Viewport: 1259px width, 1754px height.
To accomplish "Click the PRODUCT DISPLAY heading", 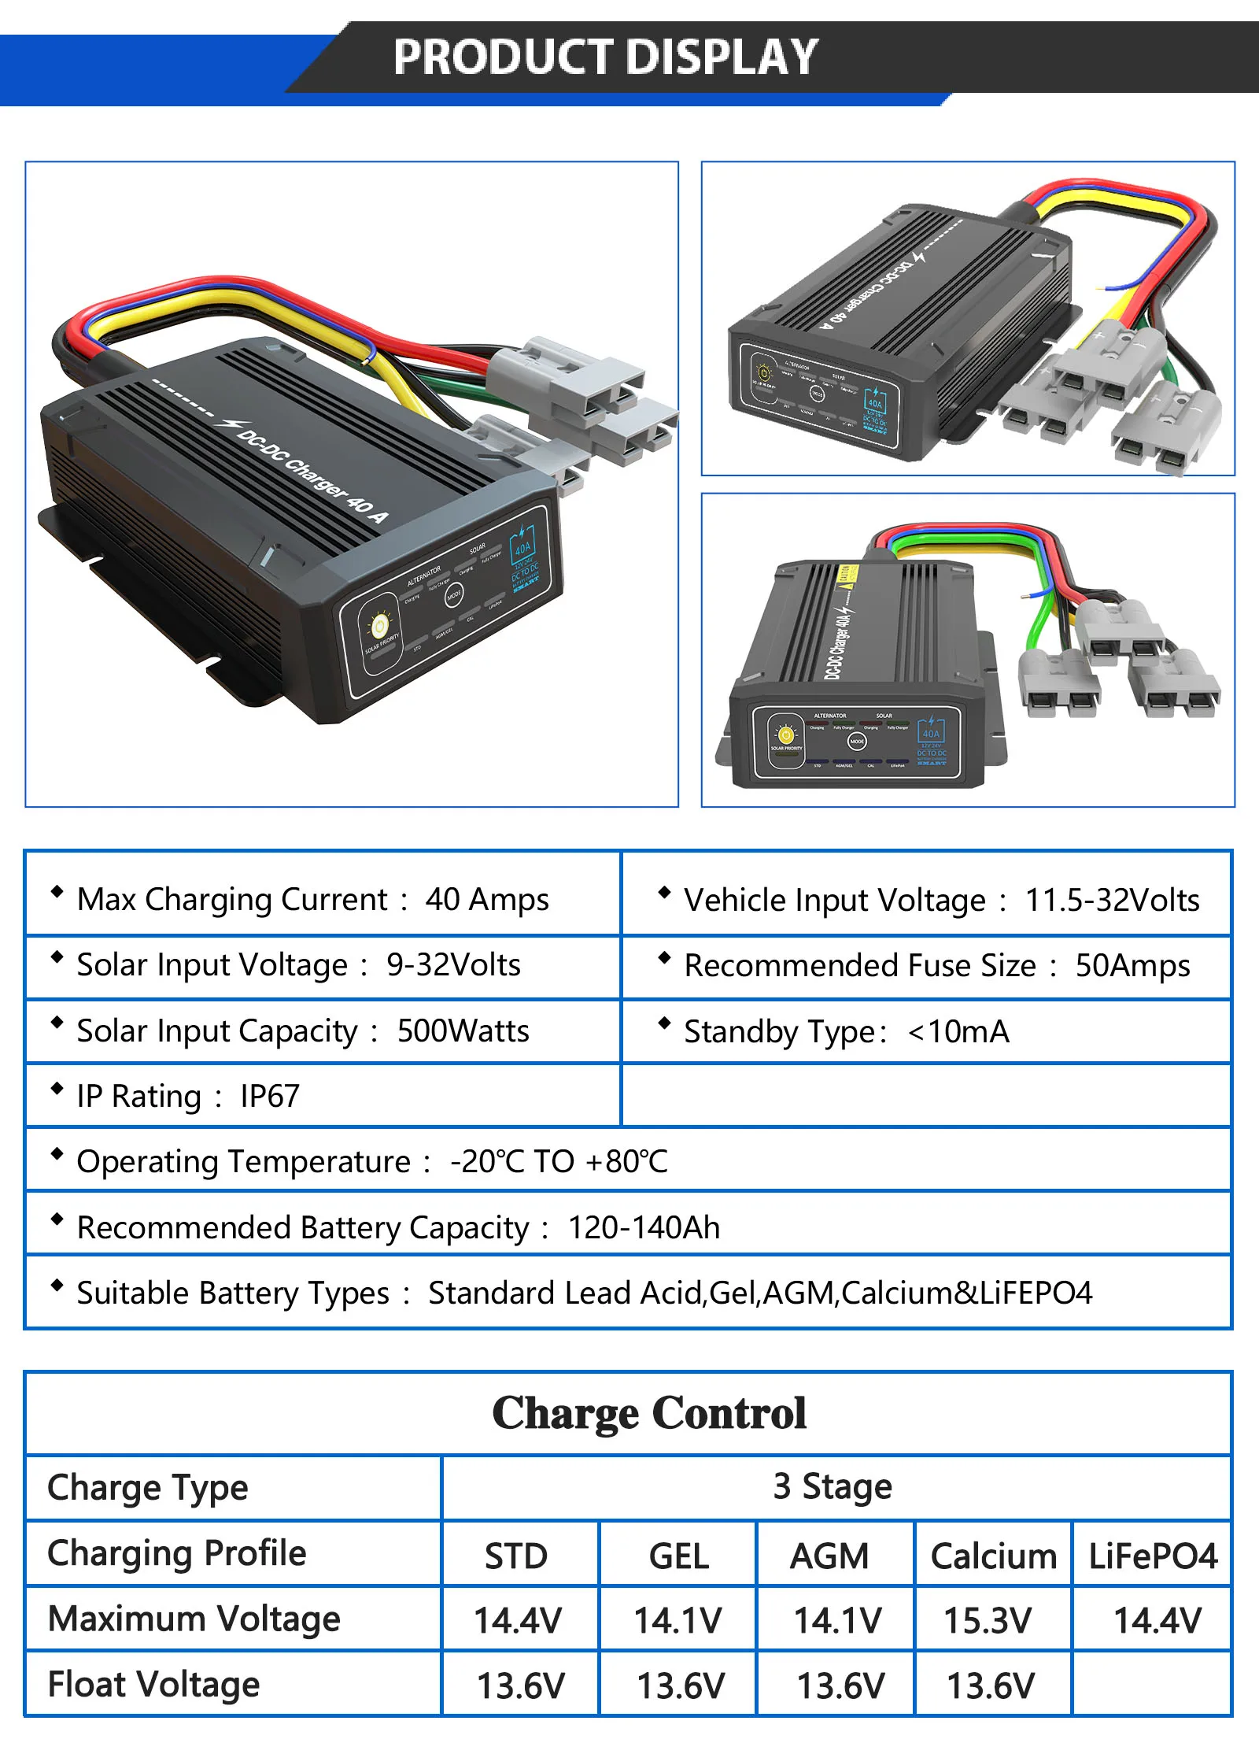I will coord(605,57).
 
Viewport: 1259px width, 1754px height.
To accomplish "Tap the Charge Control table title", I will coord(649,1413).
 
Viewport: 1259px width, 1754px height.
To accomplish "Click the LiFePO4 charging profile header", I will coord(1153,1556).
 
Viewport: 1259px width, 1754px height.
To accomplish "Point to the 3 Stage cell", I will coord(833,1486).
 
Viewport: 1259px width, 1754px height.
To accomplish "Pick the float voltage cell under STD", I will coord(520,1686).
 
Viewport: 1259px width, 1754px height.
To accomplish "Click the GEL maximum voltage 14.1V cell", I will coord(677,1620).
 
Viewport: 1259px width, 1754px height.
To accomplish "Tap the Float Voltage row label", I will coord(153,1684).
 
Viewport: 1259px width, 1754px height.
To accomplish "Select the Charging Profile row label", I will coord(176,1553).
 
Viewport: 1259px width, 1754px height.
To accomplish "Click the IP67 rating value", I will coord(270,1096).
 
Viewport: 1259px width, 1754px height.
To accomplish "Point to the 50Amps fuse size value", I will coord(1132,965).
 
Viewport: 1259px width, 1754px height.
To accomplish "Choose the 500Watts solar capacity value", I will coord(463,1031).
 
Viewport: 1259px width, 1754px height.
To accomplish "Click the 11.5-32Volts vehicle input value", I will coord(1112,900).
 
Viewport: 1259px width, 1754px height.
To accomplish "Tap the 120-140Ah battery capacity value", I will coord(644,1227).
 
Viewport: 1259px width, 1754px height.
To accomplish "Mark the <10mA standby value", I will coord(958,1031).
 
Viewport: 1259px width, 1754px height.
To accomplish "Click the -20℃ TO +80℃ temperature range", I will coord(559,1161).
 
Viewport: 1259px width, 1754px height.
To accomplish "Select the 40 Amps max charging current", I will coord(487,899).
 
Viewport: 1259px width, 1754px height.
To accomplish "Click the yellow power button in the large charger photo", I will coord(379,626).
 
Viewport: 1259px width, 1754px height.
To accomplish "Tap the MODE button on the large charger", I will coord(454,596).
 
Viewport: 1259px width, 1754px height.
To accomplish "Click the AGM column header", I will coord(829,1556).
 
